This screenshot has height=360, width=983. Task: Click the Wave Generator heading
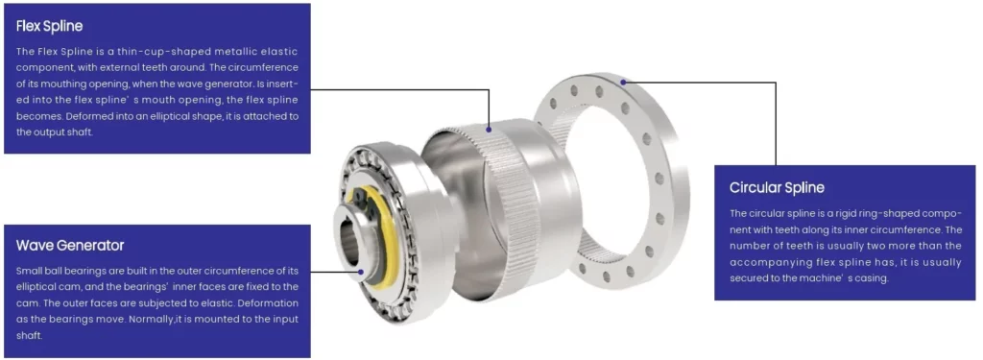pos(70,246)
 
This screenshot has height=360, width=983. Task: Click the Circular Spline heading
pos(777,187)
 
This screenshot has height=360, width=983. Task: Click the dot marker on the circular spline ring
pos(624,83)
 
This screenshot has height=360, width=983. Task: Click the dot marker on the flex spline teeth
pos(489,128)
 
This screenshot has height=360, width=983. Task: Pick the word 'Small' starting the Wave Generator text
pos(30,271)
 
